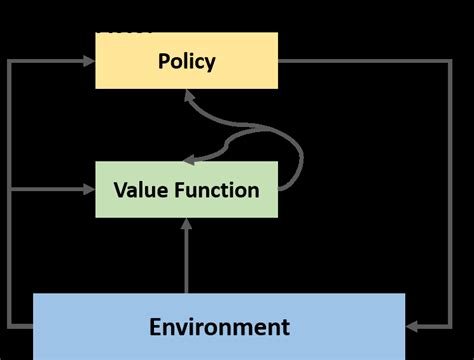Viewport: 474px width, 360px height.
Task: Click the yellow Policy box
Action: pyautogui.click(x=186, y=60)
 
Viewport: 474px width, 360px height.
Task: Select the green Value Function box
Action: pyautogui.click(x=186, y=189)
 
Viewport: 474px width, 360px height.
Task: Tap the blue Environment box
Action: pyautogui.click(x=219, y=326)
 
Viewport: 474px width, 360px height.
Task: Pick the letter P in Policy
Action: pyautogui.click(x=164, y=61)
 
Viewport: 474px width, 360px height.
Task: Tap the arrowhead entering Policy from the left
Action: pyautogui.click(x=89, y=61)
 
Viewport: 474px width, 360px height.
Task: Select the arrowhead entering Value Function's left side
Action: pyautogui.click(x=89, y=189)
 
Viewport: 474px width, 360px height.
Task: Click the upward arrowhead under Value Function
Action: pyautogui.click(x=186, y=226)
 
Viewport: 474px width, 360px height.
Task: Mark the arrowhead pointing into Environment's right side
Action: pyautogui.click(x=413, y=326)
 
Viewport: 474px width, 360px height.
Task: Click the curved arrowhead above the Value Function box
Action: pyautogui.click(x=187, y=156)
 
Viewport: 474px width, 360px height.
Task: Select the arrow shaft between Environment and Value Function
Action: pyautogui.click(x=186, y=262)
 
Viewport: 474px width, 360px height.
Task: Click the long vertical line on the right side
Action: pyautogui.click(x=451, y=190)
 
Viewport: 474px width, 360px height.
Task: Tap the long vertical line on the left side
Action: pyautogui.click(x=8, y=190)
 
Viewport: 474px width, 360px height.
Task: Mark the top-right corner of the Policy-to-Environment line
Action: pyautogui.click(x=451, y=61)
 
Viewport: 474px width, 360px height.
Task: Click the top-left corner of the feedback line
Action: pyautogui.click(x=8, y=61)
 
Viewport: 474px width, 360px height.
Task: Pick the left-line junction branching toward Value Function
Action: pyautogui.click(x=8, y=189)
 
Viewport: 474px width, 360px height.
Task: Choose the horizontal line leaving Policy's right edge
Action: pyautogui.click(x=360, y=61)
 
